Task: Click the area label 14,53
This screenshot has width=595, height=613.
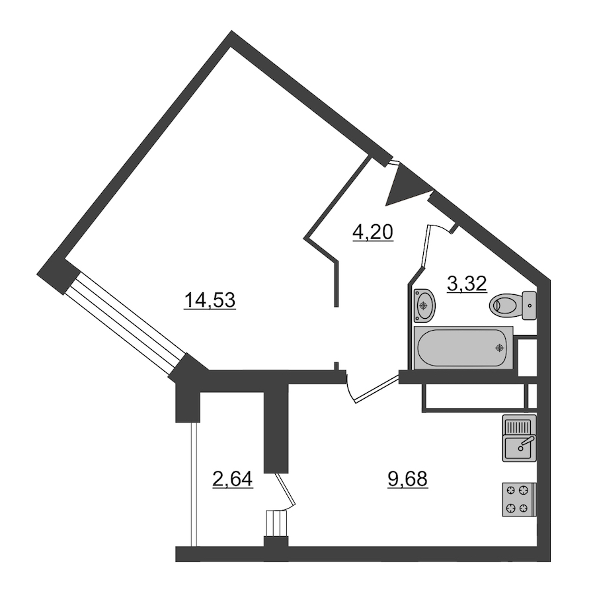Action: (x=210, y=301)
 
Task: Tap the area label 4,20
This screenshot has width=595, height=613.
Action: (x=373, y=233)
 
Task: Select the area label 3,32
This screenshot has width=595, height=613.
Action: (x=467, y=284)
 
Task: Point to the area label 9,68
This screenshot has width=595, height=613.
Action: (x=408, y=479)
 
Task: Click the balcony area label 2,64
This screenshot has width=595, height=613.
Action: (x=233, y=479)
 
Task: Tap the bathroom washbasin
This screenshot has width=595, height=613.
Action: (x=424, y=306)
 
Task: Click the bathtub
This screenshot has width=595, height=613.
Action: (x=463, y=347)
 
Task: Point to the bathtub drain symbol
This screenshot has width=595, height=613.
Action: (x=499, y=347)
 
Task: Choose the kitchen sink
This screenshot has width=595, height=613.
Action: (x=520, y=438)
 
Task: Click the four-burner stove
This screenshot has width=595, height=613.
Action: (x=520, y=500)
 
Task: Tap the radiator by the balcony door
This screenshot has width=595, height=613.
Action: (x=277, y=524)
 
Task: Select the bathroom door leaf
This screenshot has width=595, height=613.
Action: (x=426, y=246)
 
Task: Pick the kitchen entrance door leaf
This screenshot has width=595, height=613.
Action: (x=377, y=389)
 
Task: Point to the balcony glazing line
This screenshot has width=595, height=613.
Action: (x=194, y=484)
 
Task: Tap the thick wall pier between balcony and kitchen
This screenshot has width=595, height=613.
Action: (x=276, y=428)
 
